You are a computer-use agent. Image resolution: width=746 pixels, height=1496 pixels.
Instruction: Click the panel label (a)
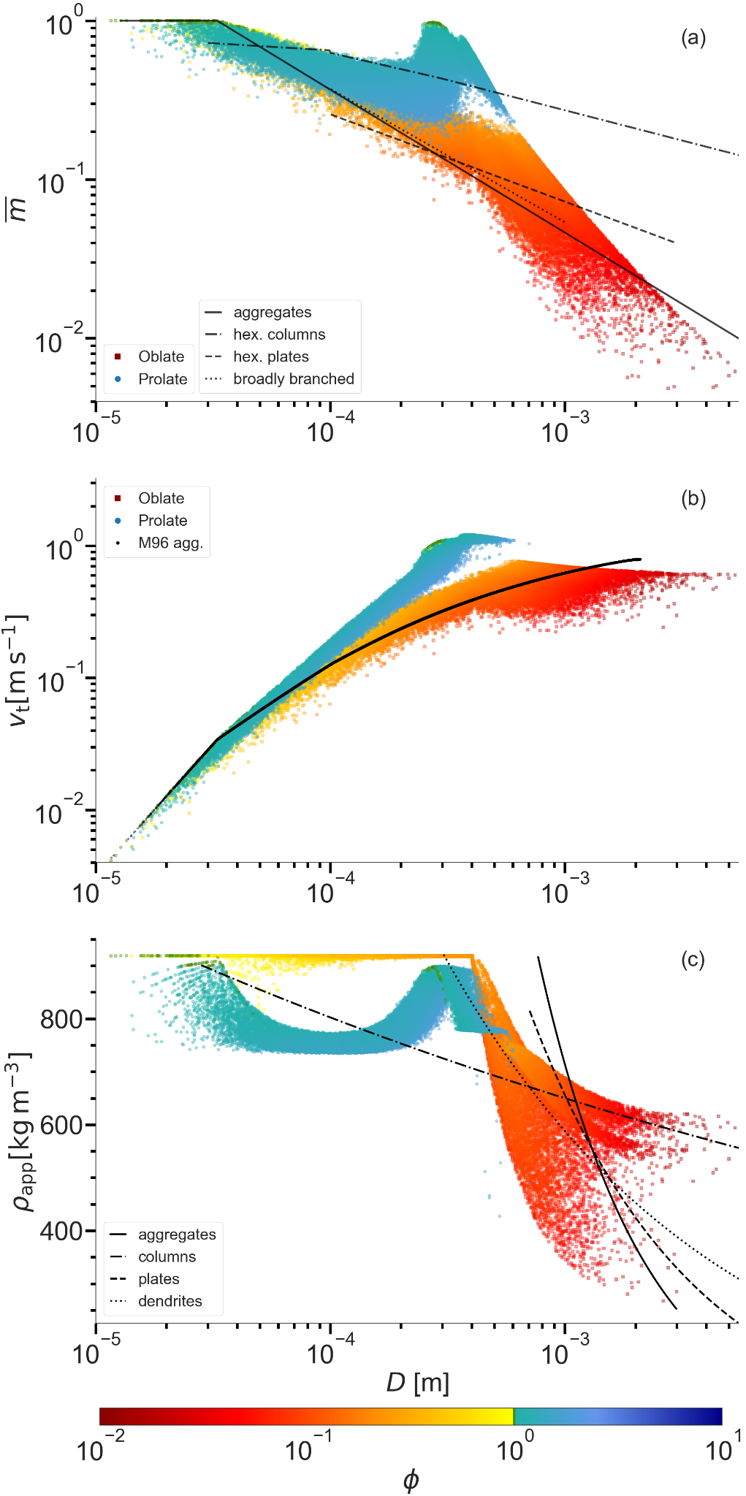(x=693, y=38)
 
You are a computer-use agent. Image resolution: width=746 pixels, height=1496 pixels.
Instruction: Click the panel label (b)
(x=693, y=499)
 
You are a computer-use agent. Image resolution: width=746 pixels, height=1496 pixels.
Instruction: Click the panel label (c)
(x=693, y=959)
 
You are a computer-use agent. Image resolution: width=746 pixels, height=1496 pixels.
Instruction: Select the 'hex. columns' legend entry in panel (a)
(x=278, y=335)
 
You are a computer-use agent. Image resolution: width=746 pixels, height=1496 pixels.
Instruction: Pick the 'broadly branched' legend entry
(x=293, y=379)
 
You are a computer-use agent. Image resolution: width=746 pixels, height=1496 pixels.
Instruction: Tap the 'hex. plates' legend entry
(x=270, y=356)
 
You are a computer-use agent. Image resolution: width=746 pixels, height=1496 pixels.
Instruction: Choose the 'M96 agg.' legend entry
(x=170, y=543)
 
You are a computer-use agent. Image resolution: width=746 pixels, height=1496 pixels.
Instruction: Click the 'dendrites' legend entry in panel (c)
(x=170, y=1301)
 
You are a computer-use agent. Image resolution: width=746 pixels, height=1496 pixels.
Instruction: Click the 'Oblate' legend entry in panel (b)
(x=161, y=498)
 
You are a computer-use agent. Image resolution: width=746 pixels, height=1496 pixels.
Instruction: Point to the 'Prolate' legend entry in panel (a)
(x=162, y=379)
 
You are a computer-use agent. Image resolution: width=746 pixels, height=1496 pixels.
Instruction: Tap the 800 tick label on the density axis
(x=61, y=1019)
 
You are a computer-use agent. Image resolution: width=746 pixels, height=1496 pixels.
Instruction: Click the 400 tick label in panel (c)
(x=61, y=1231)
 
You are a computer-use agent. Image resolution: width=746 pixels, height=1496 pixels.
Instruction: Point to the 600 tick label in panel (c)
(x=61, y=1125)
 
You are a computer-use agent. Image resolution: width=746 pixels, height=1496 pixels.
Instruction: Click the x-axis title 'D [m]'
(x=417, y=1383)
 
